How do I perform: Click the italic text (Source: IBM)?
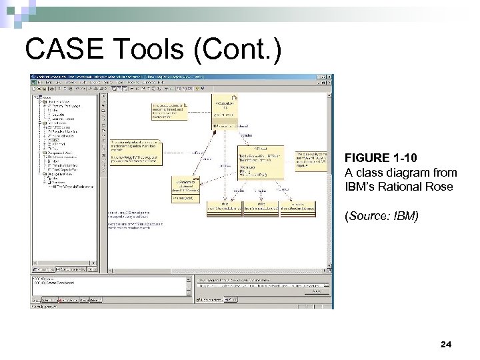pyautogui.click(x=381, y=216)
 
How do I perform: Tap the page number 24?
pyautogui.click(x=446, y=344)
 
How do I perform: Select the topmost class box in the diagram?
pyautogui.click(x=226, y=107)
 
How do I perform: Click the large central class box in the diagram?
pyautogui.click(x=261, y=163)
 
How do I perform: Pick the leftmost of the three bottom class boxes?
pyautogui.click(x=223, y=208)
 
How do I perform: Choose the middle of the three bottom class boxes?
pyautogui.click(x=261, y=208)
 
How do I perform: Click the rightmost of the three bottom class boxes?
pyautogui.click(x=298, y=208)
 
